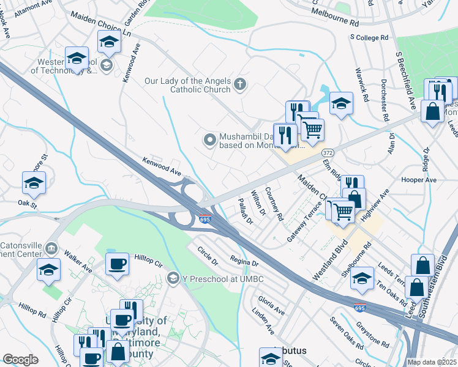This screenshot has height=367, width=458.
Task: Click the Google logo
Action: tap(20, 359)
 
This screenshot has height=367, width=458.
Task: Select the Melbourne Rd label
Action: tap(335, 17)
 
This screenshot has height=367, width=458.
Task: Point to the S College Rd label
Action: tap(369, 37)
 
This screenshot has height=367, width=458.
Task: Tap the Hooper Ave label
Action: tap(419, 180)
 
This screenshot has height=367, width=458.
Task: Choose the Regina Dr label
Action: tap(244, 262)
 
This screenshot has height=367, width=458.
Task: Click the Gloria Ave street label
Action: tap(271, 306)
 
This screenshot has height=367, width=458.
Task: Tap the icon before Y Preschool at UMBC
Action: tap(174, 279)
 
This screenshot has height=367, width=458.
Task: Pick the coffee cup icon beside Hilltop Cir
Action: tap(117, 264)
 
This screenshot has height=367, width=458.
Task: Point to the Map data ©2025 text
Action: tap(432, 362)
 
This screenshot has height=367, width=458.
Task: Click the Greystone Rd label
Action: tap(374, 325)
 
